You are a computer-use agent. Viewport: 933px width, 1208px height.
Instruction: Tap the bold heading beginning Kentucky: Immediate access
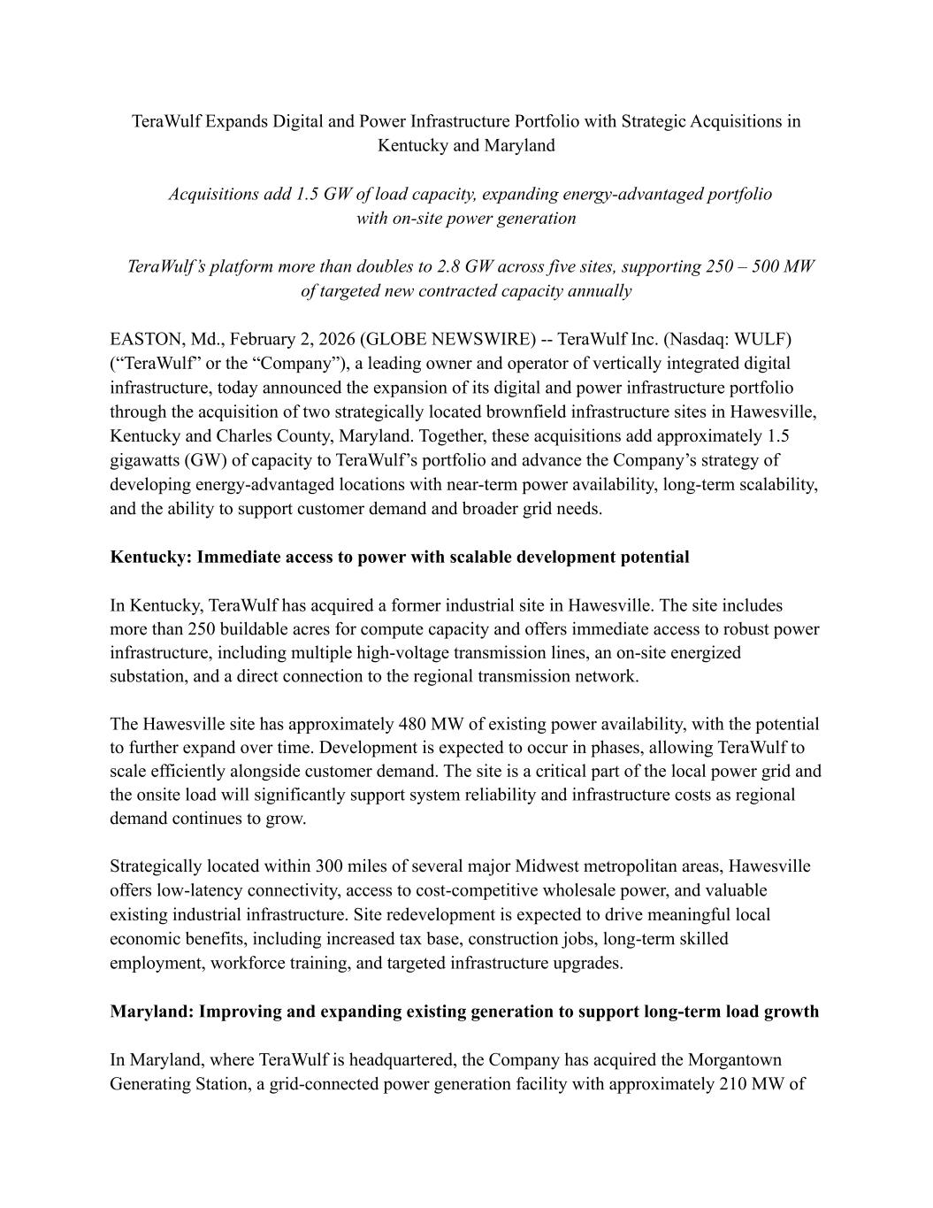[400, 557]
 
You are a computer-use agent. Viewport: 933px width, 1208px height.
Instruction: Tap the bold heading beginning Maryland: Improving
[464, 1012]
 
